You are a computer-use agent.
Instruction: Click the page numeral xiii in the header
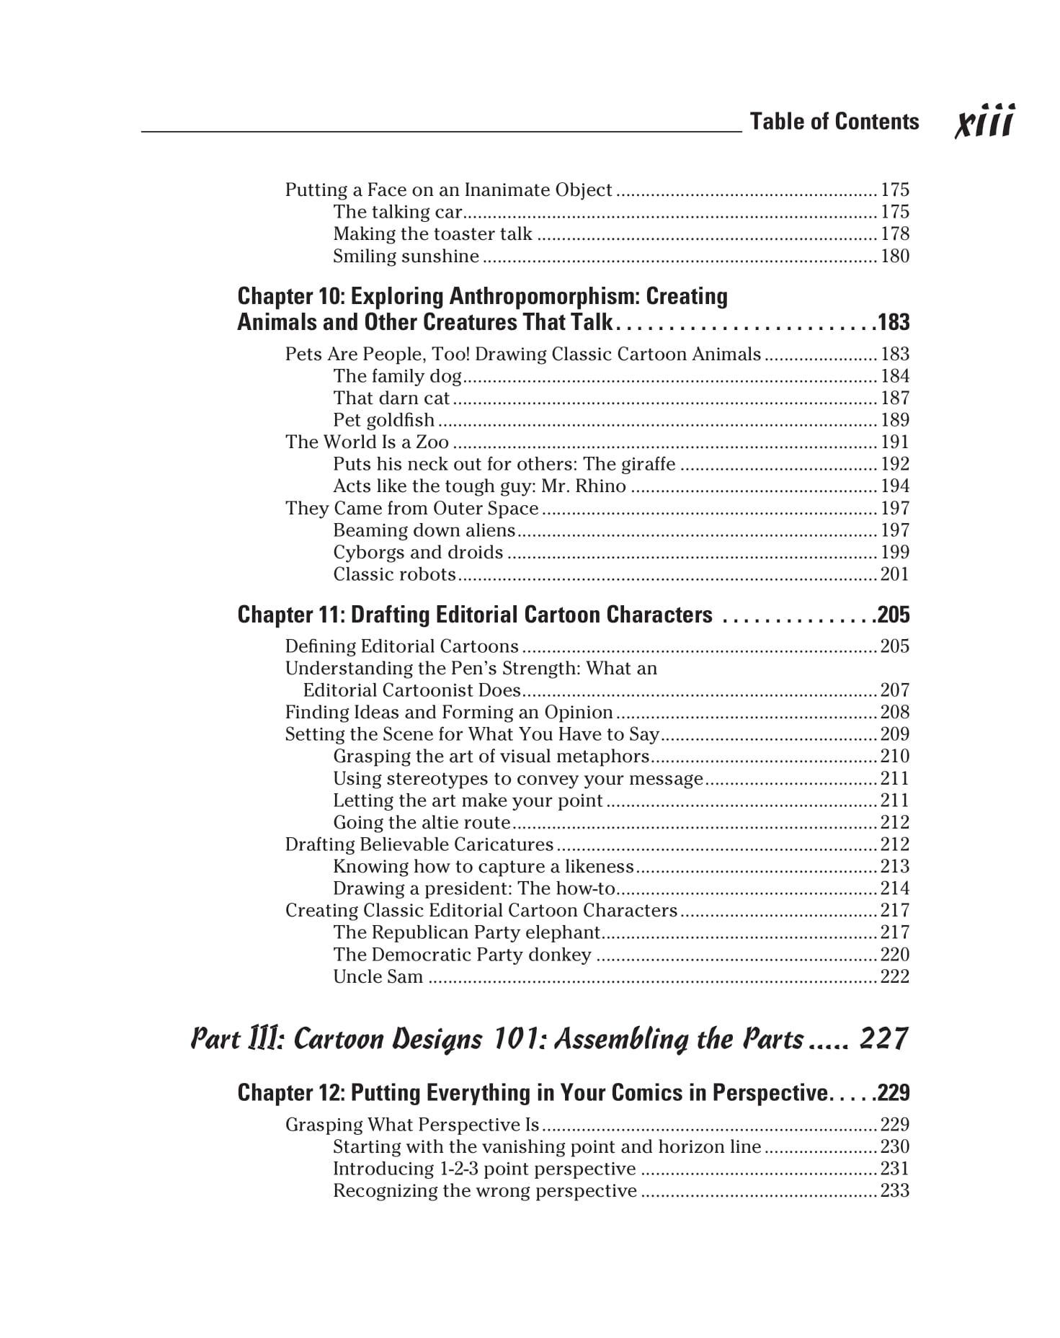pyautogui.click(x=984, y=122)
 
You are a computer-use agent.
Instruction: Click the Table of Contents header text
pyautogui.click(x=834, y=122)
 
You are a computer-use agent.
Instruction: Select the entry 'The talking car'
pyautogui.click(x=397, y=212)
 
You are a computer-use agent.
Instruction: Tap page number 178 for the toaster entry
pyautogui.click(x=895, y=234)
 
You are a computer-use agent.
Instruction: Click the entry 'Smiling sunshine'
pyautogui.click(x=406, y=257)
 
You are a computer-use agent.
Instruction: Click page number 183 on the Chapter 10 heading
pyautogui.click(x=894, y=322)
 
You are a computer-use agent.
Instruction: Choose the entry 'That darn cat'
pyautogui.click(x=391, y=398)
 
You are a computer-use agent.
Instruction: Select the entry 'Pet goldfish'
pyautogui.click(x=383, y=420)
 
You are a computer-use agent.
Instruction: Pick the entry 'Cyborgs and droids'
pyautogui.click(x=418, y=553)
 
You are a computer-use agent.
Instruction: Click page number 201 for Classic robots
pyautogui.click(x=895, y=574)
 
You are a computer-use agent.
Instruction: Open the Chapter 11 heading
pyautogui.click(x=475, y=615)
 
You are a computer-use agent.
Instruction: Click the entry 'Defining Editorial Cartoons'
pyautogui.click(x=401, y=646)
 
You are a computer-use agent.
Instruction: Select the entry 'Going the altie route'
pyautogui.click(x=422, y=823)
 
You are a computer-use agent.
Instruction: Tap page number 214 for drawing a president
pyautogui.click(x=895, y=888)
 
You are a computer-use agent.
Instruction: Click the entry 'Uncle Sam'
pyautogui.click(x=378, y=977)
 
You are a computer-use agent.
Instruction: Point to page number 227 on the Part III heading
pyautogui.click(x=883, y=1039)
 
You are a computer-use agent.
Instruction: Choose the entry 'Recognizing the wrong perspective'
pyautogui.click(x=485, y=1191)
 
